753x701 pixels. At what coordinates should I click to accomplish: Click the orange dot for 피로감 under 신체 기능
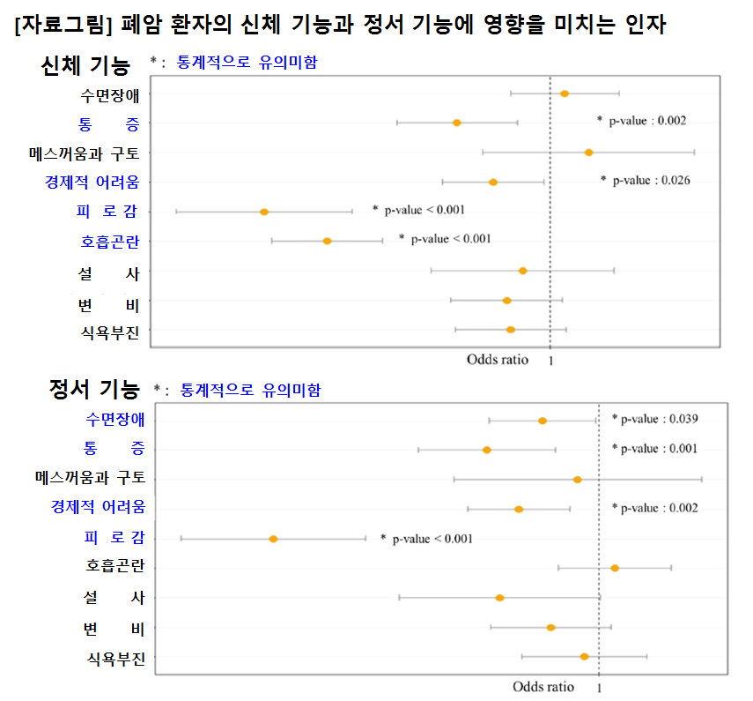pyautogui.click(x=263, y=212)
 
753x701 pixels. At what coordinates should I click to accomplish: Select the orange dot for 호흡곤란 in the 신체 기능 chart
pyautogui.click(x=327, y=241)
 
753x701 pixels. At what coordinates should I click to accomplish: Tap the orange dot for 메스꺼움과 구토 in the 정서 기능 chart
pyautogui.click(x=577, y=480)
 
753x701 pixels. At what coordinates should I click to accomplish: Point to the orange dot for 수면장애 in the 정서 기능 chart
pyautogui.click(x=543, y=421)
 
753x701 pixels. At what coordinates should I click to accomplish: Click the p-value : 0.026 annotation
pyautogui.click(x=650, y=181)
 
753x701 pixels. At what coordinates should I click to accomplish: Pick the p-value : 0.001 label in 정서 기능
pyautogui.click(x=659, y=449)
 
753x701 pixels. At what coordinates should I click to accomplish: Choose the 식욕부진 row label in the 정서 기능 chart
pyautogui.click(x=116, y=657)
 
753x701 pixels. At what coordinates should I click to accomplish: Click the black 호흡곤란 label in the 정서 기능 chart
pyautogui.click(x=115, y=567)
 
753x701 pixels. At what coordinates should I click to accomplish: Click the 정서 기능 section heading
pyautogui.click(x=94, y=389)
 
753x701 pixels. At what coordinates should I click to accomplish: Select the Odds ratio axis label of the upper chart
pyautogui.click(x=498, y=359)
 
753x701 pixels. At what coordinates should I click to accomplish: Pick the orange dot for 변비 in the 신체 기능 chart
pyautogui.click(x=506, y=301)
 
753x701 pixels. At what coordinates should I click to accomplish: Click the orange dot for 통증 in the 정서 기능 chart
pyautogui.click(x=486, y=450)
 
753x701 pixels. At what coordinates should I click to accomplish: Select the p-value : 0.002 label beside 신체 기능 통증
pyautogui.click(x=646, y=121)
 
